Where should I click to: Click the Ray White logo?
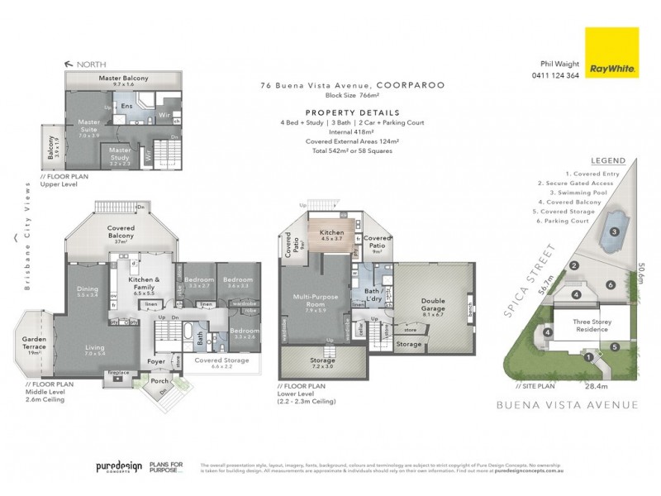pyautogui.click(x=610, y=53)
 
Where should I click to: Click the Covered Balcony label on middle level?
pyautogui.click(x=121, y=236)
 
